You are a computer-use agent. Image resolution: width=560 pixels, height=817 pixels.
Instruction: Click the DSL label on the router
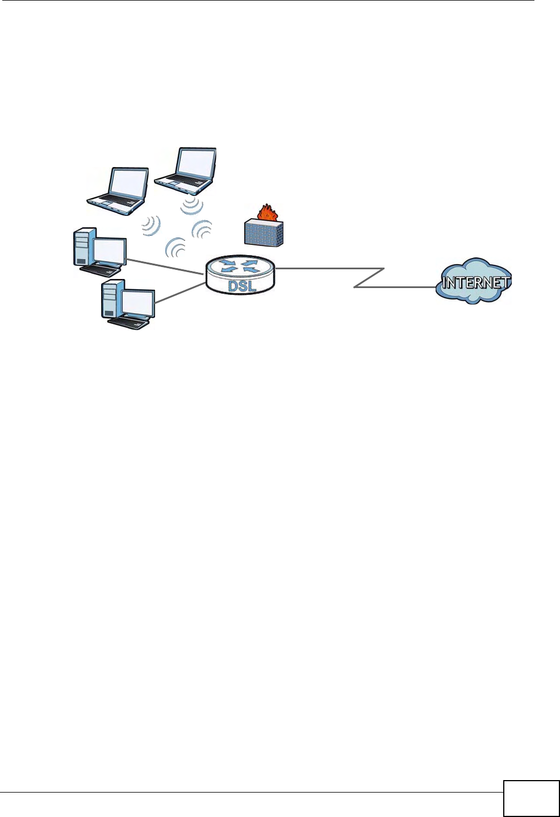click(x=242, y=285)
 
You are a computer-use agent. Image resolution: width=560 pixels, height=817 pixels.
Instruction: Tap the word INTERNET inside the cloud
click(x=475, y=282)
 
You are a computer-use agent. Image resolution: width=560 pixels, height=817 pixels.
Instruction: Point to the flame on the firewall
click(x=265, y=213)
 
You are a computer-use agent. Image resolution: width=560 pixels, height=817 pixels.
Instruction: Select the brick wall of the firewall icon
click(x=263, y=233)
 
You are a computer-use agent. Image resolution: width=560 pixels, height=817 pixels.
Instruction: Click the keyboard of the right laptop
click(x=182, y=182)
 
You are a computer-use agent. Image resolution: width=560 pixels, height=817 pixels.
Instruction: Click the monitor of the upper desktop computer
click(x=110, y=252)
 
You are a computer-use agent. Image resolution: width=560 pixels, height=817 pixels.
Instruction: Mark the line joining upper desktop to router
click(x=165, y=268)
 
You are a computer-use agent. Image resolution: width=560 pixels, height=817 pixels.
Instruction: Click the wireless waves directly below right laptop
click(x=192, y=206)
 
